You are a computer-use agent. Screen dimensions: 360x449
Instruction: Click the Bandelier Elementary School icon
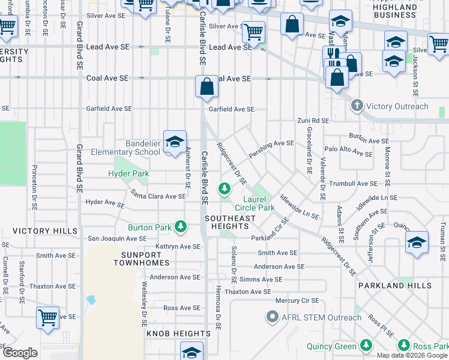[x=175, y=142]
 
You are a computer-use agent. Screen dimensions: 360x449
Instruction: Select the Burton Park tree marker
[x=180, y=227]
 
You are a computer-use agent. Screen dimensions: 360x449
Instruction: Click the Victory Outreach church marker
[x=357, y=106]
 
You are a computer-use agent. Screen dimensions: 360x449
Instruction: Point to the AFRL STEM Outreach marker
[x=272, y=316]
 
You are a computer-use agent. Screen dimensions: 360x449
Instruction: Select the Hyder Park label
[x=128, y=174]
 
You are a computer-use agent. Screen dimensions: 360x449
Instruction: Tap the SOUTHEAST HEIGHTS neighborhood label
[x=229, y=223]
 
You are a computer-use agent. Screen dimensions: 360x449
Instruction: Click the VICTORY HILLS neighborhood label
[x=45, y=231]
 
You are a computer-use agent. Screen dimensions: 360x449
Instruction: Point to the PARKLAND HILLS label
[x=394, y=286]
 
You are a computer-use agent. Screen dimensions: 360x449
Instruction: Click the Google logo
[x=20, y=353]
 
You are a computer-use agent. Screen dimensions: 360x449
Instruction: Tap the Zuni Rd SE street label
[x=313, y=121]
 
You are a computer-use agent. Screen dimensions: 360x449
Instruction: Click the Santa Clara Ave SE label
[x=158, y=196]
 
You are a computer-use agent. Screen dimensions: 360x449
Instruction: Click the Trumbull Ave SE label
[x=352, y=184]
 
